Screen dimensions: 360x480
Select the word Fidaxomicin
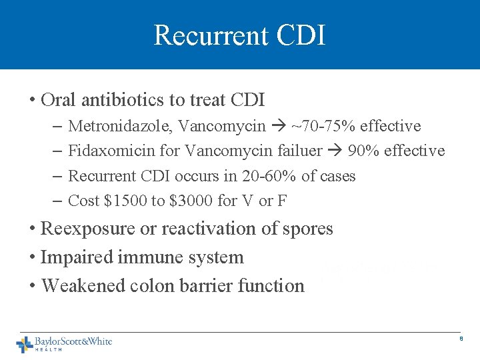[x=108, y=151]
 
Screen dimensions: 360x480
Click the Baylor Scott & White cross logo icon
[x=24, y=344]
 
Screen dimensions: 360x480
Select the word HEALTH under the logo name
[x=48, y=349]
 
